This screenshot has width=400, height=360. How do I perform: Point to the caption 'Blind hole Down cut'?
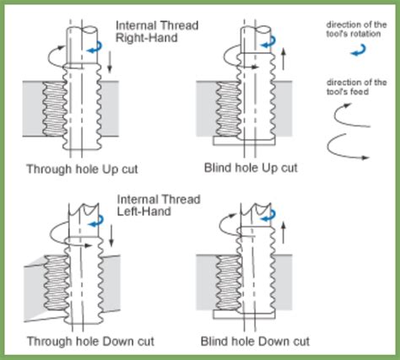pyautogui.click(x=255, y=341)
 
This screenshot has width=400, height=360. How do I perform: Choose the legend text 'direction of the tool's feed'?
pyautogui.click(x=356, y=86)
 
